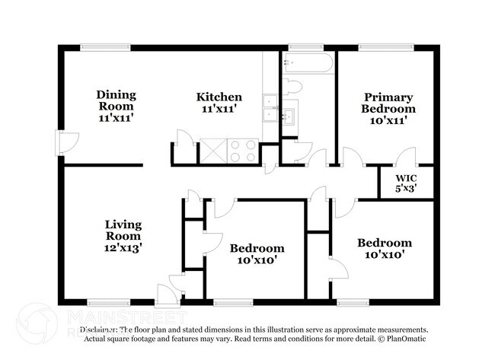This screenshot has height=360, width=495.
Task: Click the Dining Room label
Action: click(116, 95)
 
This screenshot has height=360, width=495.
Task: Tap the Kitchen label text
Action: click(219, 97)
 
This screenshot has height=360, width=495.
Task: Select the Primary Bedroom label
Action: click(388, 103)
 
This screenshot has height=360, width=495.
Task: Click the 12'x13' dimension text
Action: click(123, 247)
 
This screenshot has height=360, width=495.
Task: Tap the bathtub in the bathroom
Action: click(308, 64)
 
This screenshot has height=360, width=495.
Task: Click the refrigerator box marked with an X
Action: click(213, 150)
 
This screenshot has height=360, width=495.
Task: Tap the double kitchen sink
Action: click(270, 108)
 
